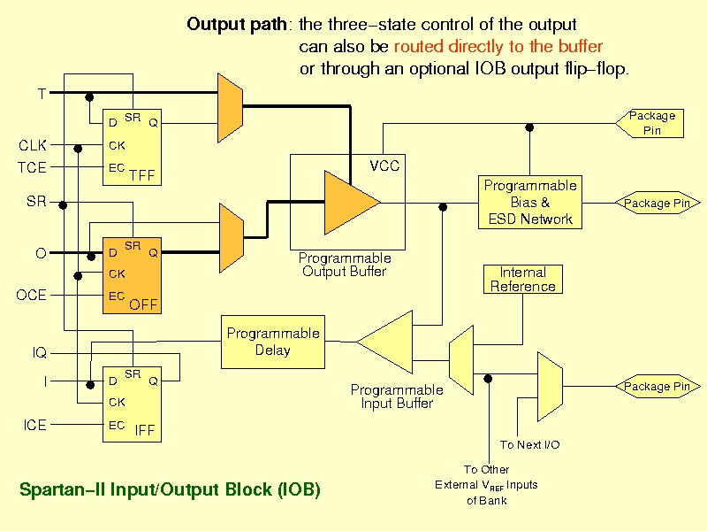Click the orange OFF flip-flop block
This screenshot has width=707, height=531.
click(132, 275)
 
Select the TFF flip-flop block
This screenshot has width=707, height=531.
click(132, 147)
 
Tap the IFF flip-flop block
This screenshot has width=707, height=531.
click(132, 404)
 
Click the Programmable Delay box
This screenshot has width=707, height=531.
click(273, 342)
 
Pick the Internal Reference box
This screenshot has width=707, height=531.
click(523, 279)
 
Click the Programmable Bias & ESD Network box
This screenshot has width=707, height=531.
click(530, 203)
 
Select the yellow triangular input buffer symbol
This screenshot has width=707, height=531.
click(384, 342)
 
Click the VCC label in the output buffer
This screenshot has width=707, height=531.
click(384, 165)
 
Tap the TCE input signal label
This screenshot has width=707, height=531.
click(32, 167)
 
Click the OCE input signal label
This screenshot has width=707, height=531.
click(31, 296)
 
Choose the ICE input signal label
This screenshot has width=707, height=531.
click(35, 425)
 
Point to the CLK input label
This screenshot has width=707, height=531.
click(33, 145)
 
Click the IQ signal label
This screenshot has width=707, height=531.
click(40, 352)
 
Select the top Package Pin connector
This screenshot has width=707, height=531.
click(650, 123)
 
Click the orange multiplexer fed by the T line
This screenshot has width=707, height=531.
click(231, 108)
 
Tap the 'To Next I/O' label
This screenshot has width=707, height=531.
click(529, 445)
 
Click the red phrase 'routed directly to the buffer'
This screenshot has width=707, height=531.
click(498, 47)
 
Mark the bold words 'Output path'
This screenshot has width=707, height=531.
click(237, 25)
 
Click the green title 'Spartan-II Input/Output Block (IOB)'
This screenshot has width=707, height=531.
click(170, 490)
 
